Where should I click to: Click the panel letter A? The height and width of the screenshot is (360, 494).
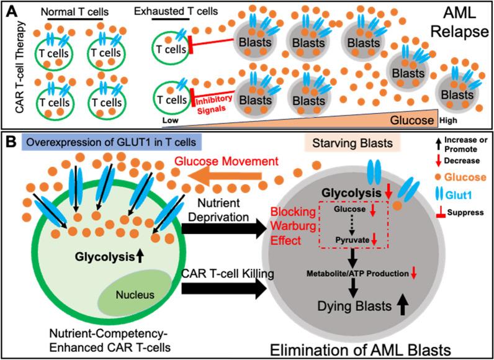click(x=10, y=9)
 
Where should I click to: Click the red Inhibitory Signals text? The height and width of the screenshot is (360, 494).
click(x=213, y=102)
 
